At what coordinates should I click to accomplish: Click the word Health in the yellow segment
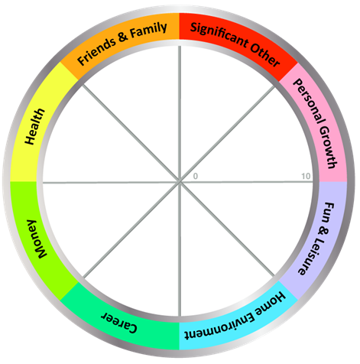click(x=35, y=126)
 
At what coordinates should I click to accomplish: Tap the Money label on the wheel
click(x=37, y=239)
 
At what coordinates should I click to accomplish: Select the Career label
click(x=119, y=322)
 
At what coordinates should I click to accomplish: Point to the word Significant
click(x=219, y=36)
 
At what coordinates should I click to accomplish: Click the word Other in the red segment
click(x=265, y=55)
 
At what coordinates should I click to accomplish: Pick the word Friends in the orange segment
click(x=96, y=52)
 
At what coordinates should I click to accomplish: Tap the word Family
click(x=148, y=31)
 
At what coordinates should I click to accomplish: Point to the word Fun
click(x=329, y=213)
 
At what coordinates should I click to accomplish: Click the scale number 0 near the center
click(x=196, y=176)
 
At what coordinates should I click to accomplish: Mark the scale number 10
click(x=306, y=176)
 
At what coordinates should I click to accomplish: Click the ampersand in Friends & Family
click(x=123, y=37)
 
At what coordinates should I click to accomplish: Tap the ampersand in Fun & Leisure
click(x=323, y=231)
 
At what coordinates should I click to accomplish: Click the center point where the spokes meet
click(x=180, y=182)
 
